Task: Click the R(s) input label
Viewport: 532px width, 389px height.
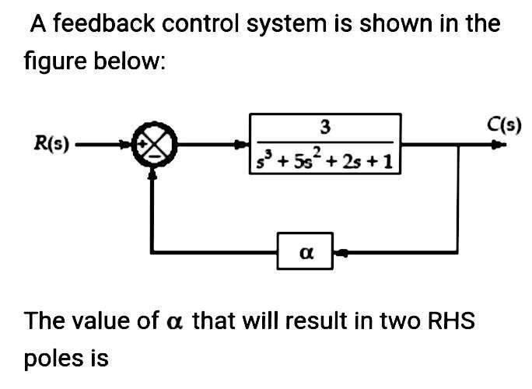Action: coord(49,143)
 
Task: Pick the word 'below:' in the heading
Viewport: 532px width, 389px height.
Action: coord(131,61)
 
